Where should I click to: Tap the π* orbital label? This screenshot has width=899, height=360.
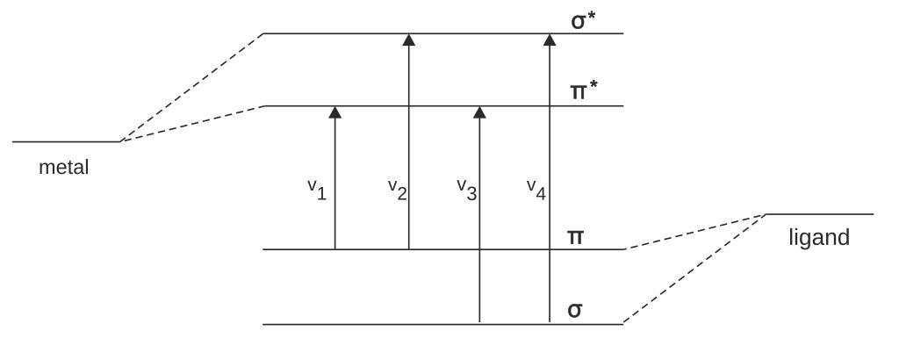[581, 90]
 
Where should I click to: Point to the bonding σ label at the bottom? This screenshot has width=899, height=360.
[574, 310]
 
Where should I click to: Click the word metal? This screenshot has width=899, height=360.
[63, 167]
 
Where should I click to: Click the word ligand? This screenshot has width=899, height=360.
[819, 238]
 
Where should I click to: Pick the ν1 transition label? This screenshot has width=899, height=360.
[317, 190]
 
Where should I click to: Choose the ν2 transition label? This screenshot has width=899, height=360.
[397, 190]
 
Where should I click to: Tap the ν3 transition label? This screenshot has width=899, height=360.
[466, 190]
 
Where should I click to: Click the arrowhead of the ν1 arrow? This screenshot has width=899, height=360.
[334, 112]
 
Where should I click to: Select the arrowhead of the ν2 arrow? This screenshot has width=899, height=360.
[408, 40]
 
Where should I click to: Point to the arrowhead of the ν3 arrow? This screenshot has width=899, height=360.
[479, 112]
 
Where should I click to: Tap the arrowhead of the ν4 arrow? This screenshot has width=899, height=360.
[550, 40]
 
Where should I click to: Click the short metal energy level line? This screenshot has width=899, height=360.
[66, 141]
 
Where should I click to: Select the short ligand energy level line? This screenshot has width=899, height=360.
[819, 214]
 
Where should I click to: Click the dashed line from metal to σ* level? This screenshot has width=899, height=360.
[191, 88]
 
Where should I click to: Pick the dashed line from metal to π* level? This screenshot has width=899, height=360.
[191, 124]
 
